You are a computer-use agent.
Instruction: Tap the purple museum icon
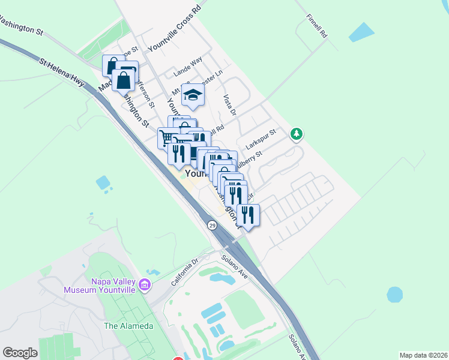(145, 285)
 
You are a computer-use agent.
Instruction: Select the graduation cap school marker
(193, 95)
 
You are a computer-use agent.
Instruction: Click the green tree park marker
(295, 133)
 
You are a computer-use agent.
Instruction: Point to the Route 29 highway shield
(212, 225)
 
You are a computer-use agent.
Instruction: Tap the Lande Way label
(187, 67)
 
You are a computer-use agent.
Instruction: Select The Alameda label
(128, 326)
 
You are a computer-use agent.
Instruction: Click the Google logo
(20, 353)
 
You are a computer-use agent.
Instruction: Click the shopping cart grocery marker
(167, 138)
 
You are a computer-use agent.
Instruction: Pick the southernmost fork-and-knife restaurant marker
(247, 215)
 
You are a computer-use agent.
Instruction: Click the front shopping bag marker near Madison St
(124, 79)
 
